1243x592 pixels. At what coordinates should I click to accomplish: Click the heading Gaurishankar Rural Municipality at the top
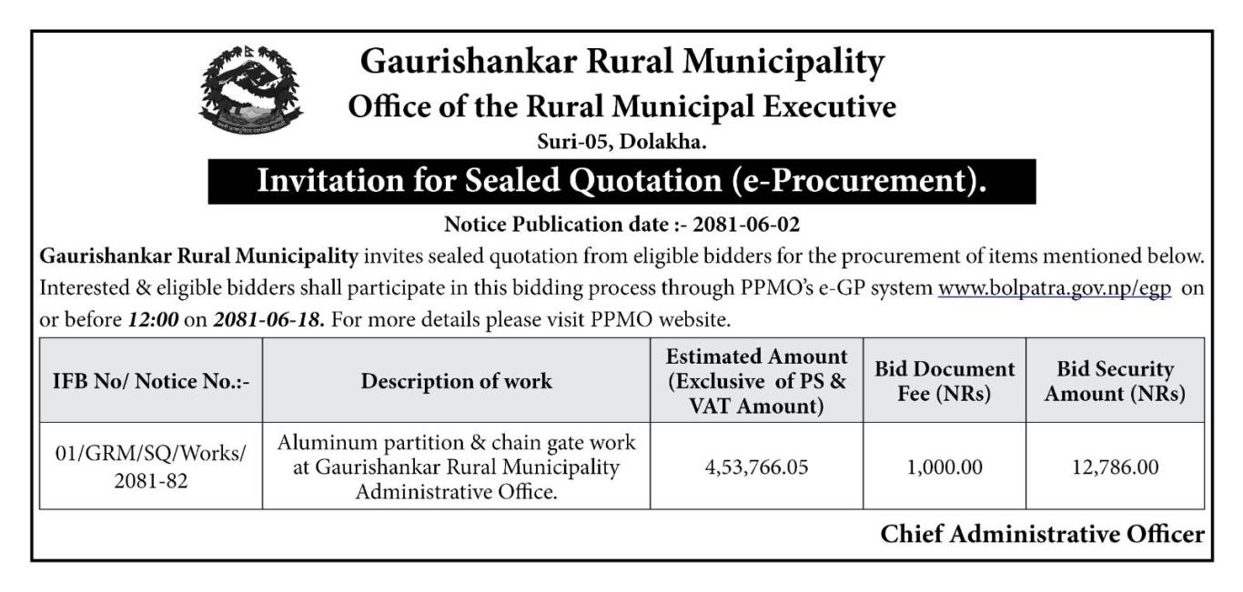pyautogui.click(x=622, y=62)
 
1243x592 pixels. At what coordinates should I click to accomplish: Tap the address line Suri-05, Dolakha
pyautogui.click(x=622, y=142)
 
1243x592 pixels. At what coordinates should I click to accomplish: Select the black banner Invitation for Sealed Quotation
pyautogui.click(x=622, y=181)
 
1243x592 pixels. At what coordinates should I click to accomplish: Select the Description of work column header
pyautogui.click(x=456, y=381)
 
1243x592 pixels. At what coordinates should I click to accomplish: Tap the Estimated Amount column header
pyautogui.click(x=756, y=381)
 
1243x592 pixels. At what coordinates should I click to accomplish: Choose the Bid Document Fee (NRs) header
pyautogui.click(x=944, y=381)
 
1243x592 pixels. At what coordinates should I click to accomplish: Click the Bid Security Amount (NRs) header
pyautogui.click(x=1115, y=381)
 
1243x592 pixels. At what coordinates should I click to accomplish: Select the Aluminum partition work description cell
pyautogui.click(x=456, y=467)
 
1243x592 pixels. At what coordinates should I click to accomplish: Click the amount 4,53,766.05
pyautogui.click(x=756, y=467)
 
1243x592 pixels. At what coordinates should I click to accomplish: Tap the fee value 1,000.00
pyautogui.click(x=944, y=467)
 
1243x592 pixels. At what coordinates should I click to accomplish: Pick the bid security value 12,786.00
pyautogui.click(x=1115, y=467)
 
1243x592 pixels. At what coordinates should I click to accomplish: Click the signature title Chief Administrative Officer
pyautogui.click(x=1042, y=535)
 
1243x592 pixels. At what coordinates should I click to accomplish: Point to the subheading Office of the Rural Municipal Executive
pyautogui.click(x=622, y=107)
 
